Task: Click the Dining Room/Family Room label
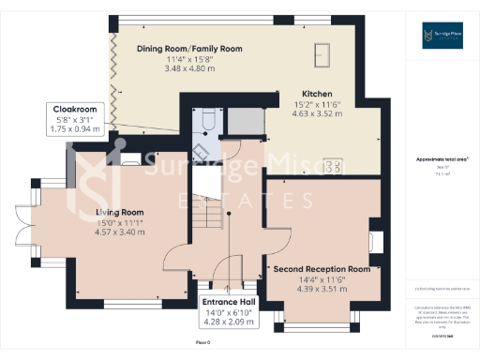click(x=189, y=48)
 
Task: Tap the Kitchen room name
click(x=292, y=94)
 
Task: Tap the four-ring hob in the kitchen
click(x=331, y=166)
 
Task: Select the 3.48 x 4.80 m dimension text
click(x=189, y=68)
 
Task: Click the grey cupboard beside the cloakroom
click(x=242, y=121)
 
